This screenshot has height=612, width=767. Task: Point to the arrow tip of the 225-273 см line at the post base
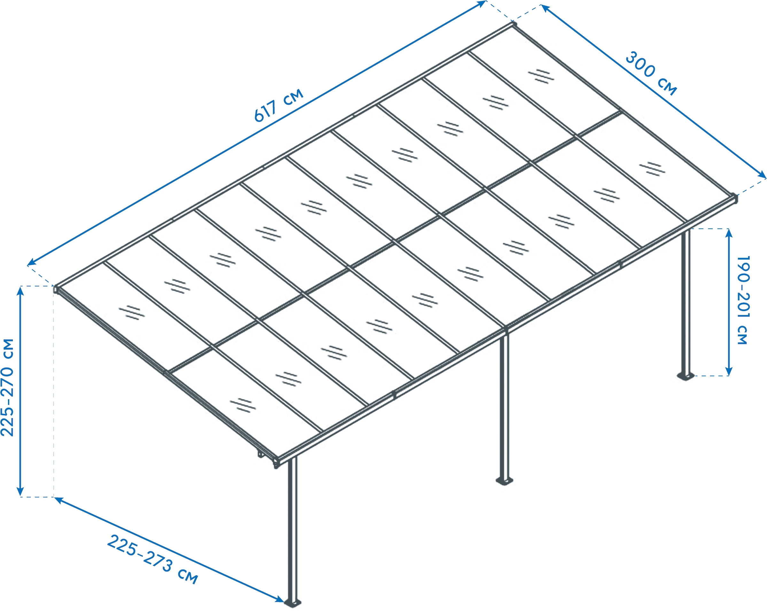[284, 602]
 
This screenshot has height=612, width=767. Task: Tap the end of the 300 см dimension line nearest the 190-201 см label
[766, 177]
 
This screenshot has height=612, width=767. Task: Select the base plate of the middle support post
[504, 481]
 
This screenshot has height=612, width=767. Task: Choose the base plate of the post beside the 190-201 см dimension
[686, 376]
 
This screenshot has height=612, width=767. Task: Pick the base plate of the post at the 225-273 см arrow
[292, 603]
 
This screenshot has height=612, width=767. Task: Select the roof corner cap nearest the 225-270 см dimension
[56, 289]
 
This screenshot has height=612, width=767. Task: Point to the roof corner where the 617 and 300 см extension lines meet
[513, 24]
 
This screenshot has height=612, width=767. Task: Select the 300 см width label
[651, 73]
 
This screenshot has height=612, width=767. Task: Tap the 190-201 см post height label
[743, 300]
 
